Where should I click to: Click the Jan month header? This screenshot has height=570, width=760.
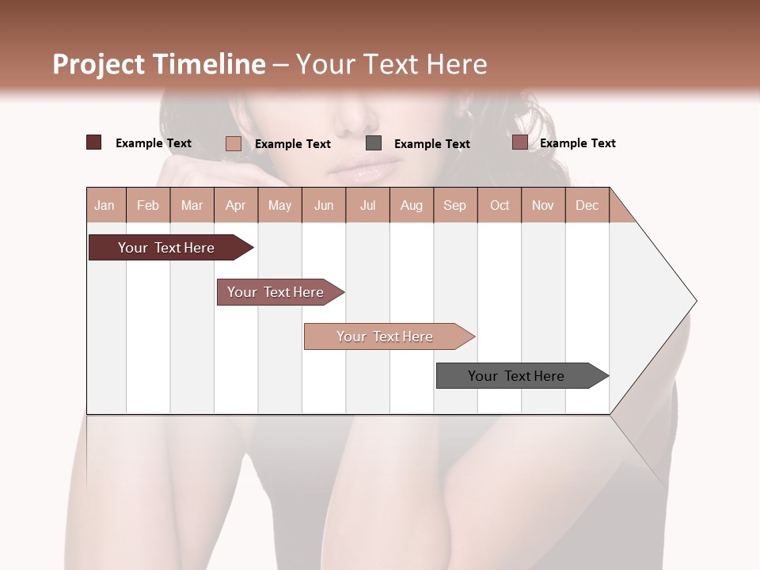[105, 205]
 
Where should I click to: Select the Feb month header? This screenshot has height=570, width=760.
[148, 205]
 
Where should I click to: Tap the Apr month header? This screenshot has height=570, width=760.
[236, 205]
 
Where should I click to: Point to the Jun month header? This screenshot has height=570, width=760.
[324, 205]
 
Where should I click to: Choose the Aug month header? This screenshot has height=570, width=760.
[412, 205]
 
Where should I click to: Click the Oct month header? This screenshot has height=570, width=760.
[500, 205]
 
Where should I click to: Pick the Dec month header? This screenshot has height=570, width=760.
[587, 205]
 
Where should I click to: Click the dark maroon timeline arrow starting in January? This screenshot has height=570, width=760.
[166, 248]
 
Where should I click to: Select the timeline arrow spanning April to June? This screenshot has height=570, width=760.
[275, 292]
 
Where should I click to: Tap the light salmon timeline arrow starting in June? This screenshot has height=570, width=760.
[385, 336]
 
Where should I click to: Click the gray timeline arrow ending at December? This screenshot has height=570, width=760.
[516, 376]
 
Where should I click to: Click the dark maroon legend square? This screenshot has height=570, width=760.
[94, 142]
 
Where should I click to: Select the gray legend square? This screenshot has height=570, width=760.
[374, 143]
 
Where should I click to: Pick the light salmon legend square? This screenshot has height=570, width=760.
[234, 143]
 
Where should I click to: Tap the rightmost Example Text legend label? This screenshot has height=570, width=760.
[577, 143]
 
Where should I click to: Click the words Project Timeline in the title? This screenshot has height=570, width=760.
[158, 64]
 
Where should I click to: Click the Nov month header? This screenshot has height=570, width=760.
[543, 205]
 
